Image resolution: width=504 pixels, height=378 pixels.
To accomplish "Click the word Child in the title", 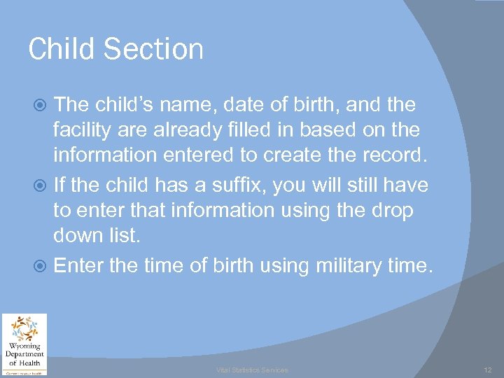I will coord(59,50).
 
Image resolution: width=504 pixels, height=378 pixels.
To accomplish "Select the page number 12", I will coord(488,370).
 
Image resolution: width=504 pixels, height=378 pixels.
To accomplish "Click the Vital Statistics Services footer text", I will coord(251,370).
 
